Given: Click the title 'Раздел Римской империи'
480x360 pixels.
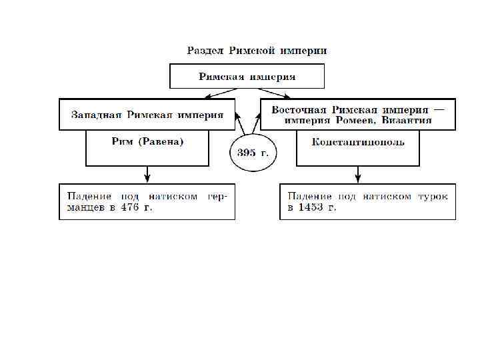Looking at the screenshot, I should pyautogui.click(x=257, y=51).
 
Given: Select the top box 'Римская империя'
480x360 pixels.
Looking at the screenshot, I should pyautogui.click(x=247, y=77).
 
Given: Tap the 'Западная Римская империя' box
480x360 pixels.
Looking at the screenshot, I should pyautogui.click(x=147, y=114).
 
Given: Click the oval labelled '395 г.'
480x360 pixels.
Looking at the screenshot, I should pyautogui.click(x=253, y=153).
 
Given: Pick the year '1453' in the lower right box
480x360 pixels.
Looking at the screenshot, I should pyautogui.click(x=312, y=207).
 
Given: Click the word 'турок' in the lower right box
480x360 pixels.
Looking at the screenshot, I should pyautogui.click(x=432, y=196).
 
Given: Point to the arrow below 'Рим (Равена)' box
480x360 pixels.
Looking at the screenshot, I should pyautogui.click(x=147, y=175).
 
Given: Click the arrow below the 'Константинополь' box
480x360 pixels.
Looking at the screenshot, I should pyautogui.click(x=358, y=175).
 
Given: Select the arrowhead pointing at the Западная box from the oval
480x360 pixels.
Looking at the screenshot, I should pyautogui.click(x=237, y=116).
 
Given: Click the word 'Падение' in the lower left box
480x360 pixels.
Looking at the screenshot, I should pyautogui.click(x=89, y=196).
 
